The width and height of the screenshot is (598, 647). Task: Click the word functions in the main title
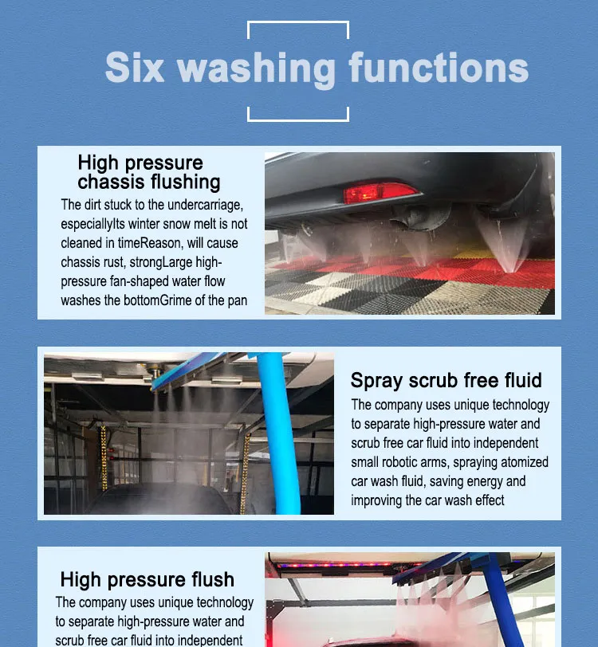[438, 68]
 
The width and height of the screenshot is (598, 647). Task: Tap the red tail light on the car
[380, 193]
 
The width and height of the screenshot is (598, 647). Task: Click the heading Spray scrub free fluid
[446, 380]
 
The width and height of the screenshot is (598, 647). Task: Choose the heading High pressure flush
[147, 579]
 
